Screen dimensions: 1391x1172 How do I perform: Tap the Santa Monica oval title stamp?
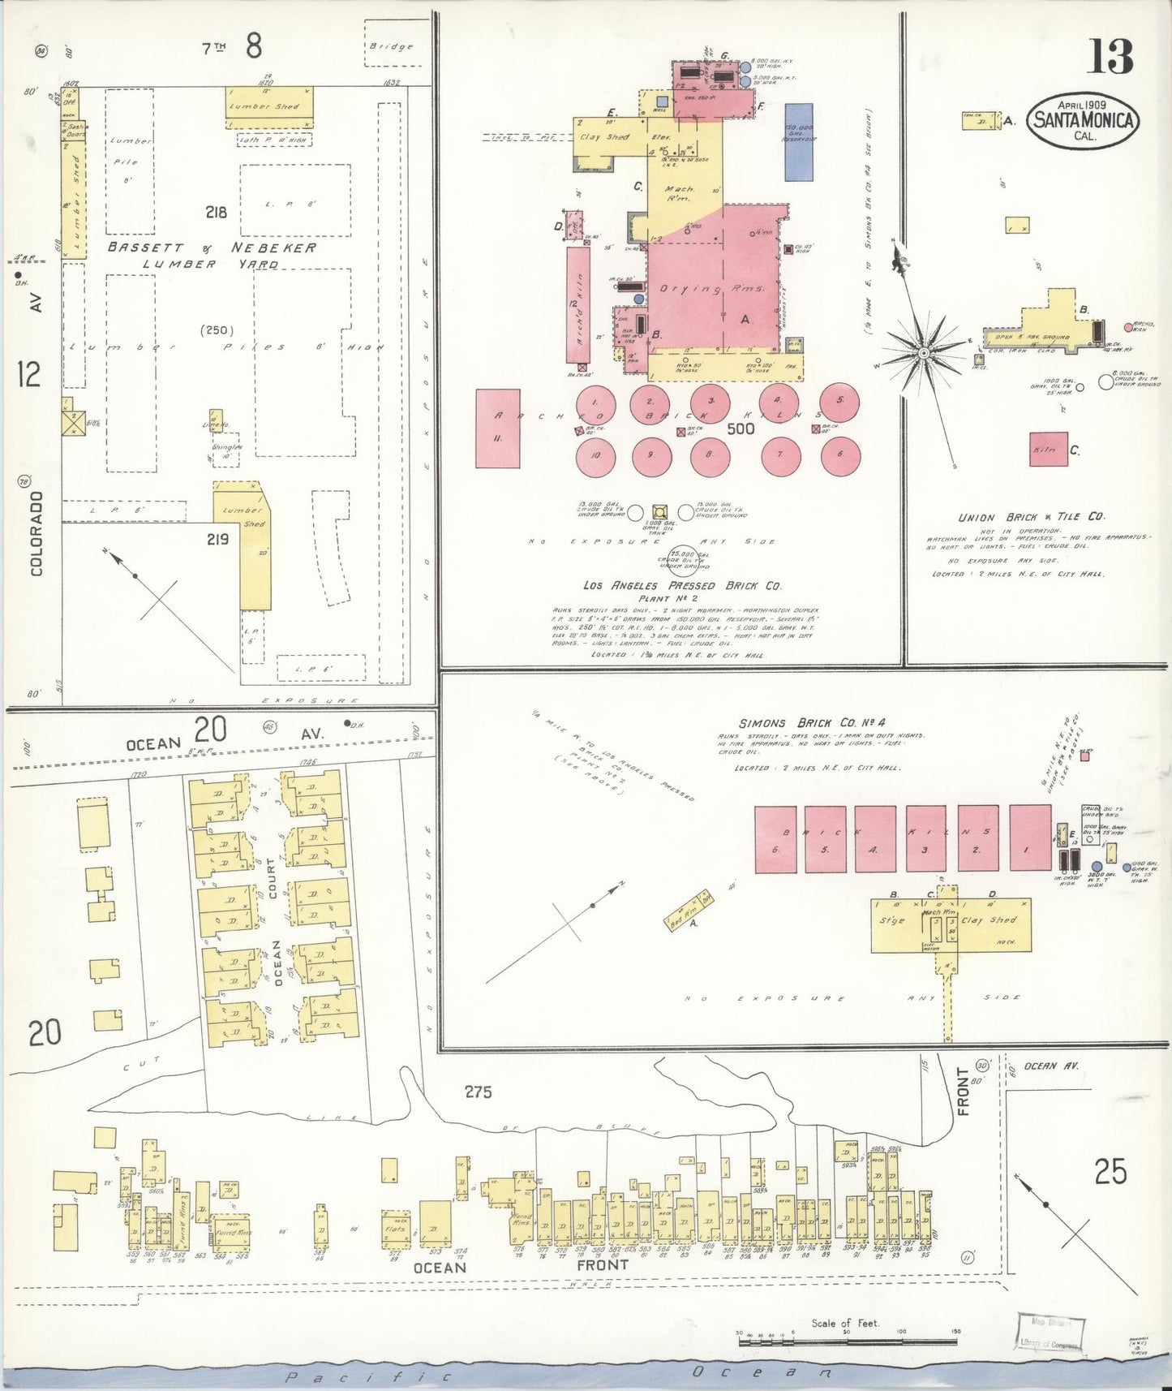1084,122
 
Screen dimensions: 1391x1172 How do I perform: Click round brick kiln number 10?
596,456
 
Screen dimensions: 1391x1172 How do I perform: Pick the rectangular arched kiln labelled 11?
497,428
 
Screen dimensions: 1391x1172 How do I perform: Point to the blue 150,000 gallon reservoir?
799,141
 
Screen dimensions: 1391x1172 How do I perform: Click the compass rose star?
923,354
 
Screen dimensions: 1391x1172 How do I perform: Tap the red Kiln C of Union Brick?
1048,449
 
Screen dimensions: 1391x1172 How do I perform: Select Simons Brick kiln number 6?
775,839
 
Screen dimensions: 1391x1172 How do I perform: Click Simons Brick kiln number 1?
1030,839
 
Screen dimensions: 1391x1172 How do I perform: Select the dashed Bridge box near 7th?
392,45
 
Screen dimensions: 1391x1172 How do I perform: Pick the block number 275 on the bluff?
478,1092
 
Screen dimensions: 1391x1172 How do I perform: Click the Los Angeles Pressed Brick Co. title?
681,585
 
